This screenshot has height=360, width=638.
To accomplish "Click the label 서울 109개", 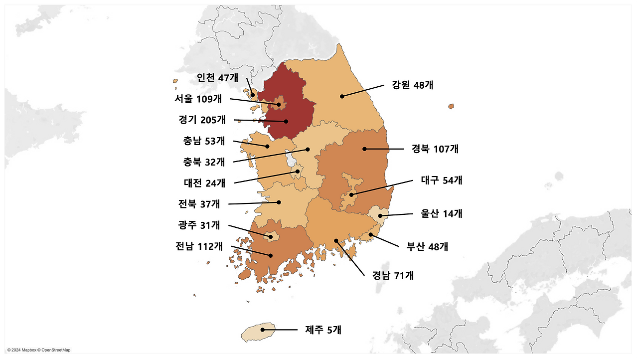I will (x=198, y=99).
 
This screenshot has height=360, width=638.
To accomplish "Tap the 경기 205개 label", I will (x=202, y=120).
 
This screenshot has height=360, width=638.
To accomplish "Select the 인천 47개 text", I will (x=217, y=77).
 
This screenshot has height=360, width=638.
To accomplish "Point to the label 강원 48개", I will (x=412, y=85).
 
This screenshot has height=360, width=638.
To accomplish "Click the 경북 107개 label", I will (x=435, y=149).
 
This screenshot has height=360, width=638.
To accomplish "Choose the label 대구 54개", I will (x=441, y=180).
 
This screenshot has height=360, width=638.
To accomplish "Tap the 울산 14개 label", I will (x=441, y=213).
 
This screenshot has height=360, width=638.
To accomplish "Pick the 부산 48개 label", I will (x=427, y=246).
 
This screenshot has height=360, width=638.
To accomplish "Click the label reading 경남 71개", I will (x=393, y=275).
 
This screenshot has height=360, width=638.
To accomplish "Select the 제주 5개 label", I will (x=323, y=329).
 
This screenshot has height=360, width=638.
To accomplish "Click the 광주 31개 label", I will (x=199, y=225).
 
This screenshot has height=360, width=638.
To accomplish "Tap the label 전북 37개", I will (x=199, y=203).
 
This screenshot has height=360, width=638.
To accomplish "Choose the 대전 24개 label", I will (x=204, y=183).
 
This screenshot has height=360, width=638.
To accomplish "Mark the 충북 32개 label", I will (x=204, y=162).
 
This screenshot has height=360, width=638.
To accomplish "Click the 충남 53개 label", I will (x=204, y=141).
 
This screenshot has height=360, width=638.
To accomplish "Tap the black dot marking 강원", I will (x=342, y=96).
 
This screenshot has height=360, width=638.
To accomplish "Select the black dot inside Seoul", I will (x=279, y=104).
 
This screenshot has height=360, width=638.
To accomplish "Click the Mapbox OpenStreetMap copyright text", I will (x=39, y=350).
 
